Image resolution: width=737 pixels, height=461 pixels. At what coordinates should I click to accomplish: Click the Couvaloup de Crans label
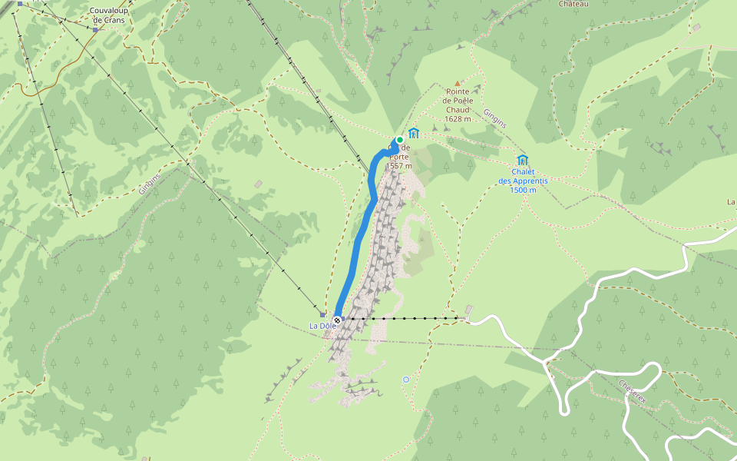coord(108,15)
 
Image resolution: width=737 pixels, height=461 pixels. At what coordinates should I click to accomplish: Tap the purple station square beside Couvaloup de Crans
coord(96,30)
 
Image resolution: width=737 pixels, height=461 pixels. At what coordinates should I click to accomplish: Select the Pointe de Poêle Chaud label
coord(458,100)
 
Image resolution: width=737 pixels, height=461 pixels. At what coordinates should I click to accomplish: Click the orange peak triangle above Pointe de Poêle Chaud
coord(458,83)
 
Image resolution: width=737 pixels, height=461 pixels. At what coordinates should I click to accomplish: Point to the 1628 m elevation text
coord(458,119)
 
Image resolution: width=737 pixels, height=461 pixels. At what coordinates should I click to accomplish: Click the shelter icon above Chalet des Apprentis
coord(523,160)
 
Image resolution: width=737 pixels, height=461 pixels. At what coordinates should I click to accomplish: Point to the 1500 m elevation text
coord(522,190)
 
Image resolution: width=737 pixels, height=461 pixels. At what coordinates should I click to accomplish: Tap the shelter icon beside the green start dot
coord(414,133)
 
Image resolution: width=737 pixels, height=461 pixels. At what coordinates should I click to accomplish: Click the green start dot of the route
coord(399,140)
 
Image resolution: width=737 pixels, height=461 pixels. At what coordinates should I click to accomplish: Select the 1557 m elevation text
coord(399,166)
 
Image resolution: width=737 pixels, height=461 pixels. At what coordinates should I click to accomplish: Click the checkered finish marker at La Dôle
coord(337,320)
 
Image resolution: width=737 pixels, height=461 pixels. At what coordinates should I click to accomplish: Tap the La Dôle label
coord(322,326)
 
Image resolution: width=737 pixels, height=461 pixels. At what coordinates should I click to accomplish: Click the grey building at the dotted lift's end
coord(468,310)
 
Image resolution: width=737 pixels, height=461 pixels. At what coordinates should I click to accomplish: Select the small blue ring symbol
coord(406,379)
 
